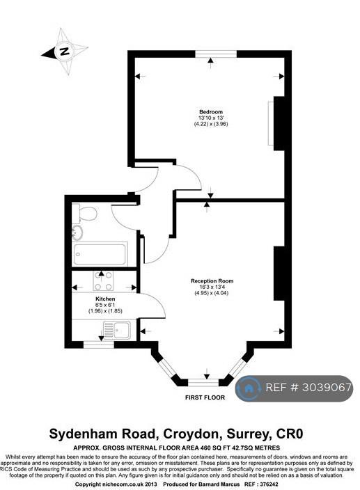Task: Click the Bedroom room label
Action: pos(211,112)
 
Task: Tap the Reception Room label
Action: pos(212,281)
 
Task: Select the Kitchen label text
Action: pos(105,299)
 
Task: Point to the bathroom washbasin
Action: pos(77,232)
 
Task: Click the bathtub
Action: pos(100,254)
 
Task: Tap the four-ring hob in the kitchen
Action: pos(104,281)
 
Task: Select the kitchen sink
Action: pos(117,330)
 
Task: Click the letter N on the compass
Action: pos(65,51)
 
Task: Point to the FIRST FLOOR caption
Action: pos(205,397)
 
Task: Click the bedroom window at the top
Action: pos(216,54)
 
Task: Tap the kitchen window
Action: pos(99,345)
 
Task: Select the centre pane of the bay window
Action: pos(203,383)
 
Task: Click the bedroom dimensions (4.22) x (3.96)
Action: pos(211,124)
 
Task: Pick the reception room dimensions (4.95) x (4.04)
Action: pos(212,293)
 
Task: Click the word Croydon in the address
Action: pos(190,434)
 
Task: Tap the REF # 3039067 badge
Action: pos(294,388)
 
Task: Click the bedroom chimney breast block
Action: pos(279,123)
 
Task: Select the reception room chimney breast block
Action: pos(279,274)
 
